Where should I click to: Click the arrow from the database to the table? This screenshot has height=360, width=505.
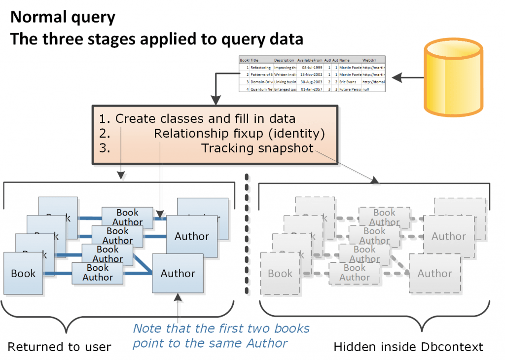(x=411, y=77)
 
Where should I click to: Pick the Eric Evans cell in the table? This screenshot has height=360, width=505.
(x=350, y=82)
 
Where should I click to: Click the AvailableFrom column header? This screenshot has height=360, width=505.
(x=309, y=60)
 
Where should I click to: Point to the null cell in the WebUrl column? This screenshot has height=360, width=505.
(x=367, y=90)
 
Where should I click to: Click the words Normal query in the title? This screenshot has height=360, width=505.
(x=63, y=17)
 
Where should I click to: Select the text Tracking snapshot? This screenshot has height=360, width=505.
(x=257, y=148)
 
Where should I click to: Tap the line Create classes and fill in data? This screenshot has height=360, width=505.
(x=197, y=119)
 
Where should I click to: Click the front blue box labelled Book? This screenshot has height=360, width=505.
(x=23, y=273)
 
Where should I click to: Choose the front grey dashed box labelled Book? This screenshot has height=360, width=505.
(x=280, y=273)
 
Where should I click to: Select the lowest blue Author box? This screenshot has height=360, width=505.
(x=178, y=273)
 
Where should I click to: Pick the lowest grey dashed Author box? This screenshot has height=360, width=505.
(x=434, y=273)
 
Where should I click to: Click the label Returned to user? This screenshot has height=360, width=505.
(x=59, y=347)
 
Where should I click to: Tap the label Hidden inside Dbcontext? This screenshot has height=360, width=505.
(x=408, y=347)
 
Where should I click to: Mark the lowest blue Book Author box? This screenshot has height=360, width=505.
(x=98, y=273)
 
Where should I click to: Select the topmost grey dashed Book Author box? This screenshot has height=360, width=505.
(x=384, y=217)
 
